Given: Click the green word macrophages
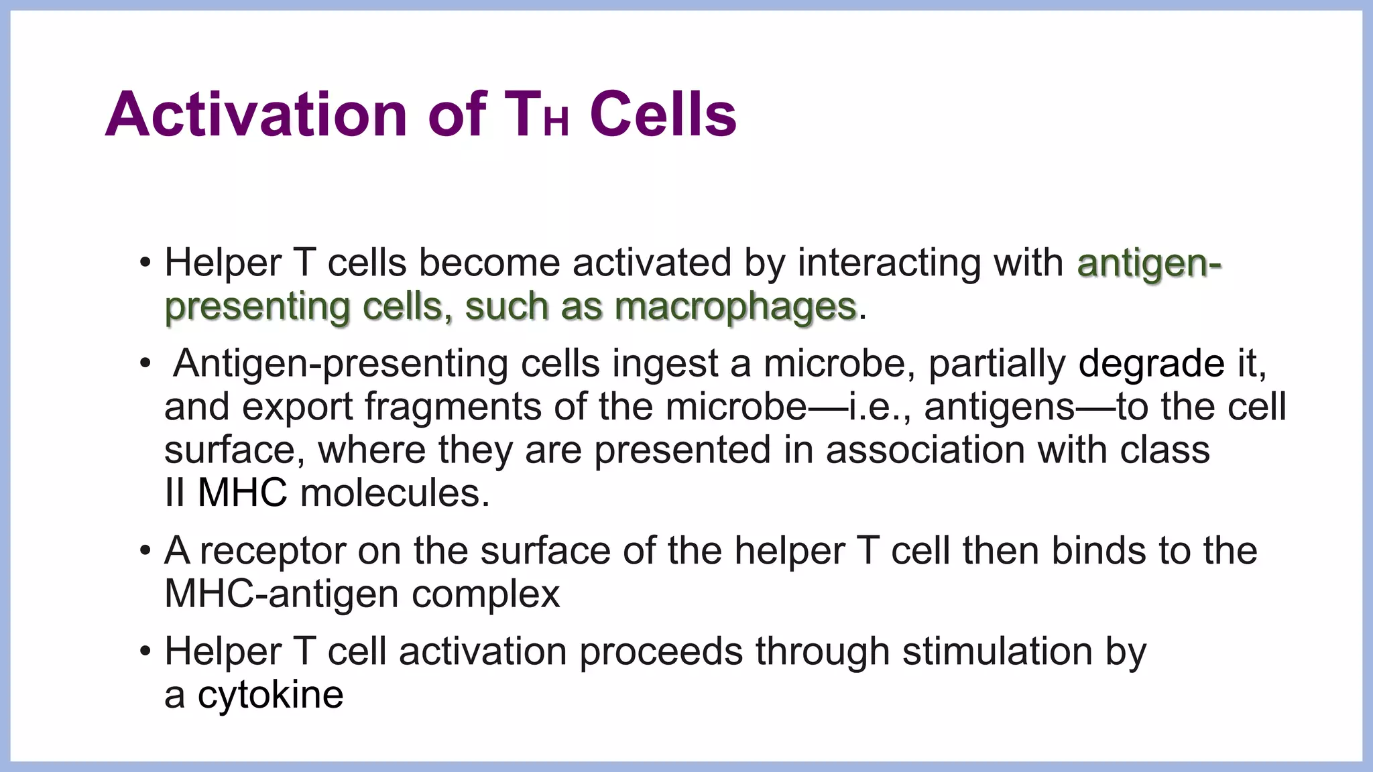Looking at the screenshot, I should (x=735, y=307).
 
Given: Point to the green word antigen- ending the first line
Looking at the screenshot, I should (x=1149, y=263).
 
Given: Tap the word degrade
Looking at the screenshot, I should (x=1151, y=364).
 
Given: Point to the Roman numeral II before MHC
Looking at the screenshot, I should (x=174, y=493).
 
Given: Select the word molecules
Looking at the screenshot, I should (x=394, y=493).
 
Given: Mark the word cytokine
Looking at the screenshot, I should (x=270, y=695).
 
